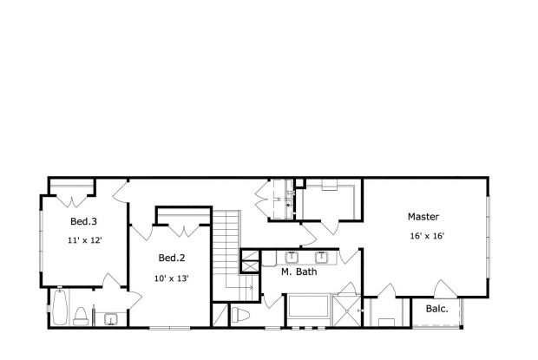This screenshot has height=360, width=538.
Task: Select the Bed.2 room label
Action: point(172,258)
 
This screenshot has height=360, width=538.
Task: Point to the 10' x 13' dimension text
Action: point(172,278)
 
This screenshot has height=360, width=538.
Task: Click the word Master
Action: point(423,216)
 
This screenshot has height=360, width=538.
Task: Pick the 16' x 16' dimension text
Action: point(427,236)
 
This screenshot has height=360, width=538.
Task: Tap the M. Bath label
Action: point(298,272)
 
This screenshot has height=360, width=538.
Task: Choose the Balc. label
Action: point(436,309)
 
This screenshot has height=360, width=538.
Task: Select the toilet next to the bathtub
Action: point(81,315)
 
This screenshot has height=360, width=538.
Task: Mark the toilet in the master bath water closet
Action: point(242,314)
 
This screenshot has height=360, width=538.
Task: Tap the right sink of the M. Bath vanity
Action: point(322,256)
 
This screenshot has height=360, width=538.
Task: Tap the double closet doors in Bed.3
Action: point(75,192)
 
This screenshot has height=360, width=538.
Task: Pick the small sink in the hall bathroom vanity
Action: point(111,319)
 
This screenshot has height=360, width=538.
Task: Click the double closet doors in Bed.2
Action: point(182,228)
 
